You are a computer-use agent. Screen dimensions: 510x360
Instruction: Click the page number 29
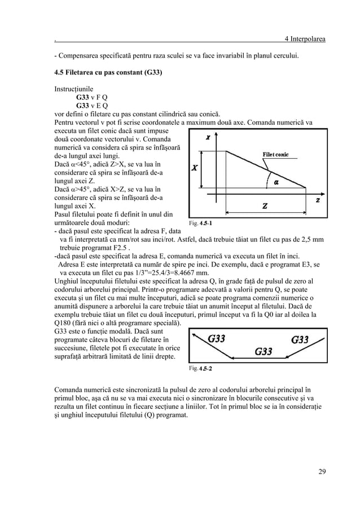(322, 472)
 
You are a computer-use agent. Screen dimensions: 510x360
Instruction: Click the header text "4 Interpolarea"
(305, 38)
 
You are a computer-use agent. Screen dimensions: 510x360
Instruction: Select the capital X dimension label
(195, 168)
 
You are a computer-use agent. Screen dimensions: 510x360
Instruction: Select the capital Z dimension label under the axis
(264, 206)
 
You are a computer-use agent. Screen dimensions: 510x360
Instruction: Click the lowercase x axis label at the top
(208, 137)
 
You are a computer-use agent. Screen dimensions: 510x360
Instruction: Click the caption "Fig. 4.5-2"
(201, 368)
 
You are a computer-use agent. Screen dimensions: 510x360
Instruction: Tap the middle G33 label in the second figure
(264, 351)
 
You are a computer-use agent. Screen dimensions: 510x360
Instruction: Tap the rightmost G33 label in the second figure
(300, 339)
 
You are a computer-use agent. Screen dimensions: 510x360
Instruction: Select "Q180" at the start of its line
(63, 322)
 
